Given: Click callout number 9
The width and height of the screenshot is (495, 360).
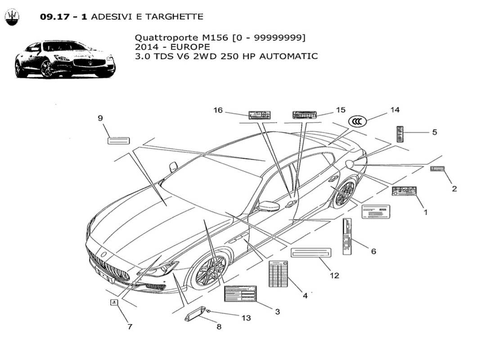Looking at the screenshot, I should (x=100, y=118).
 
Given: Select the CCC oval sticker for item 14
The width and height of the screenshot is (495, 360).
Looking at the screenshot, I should (x=358, y=121).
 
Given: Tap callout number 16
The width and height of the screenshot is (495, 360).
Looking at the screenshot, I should (x=218, y=110).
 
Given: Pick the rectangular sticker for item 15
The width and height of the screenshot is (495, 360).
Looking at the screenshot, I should (x=305, y=115).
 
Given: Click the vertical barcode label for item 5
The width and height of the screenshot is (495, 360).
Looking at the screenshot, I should (x=399, y=134).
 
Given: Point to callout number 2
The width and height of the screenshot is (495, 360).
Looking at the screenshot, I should (x=454, y=189).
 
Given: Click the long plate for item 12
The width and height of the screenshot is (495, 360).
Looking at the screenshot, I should (x=311, y=252).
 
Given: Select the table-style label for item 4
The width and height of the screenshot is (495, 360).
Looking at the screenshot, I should (x=278, y=274).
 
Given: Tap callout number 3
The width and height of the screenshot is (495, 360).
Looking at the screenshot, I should (x=277, y=311).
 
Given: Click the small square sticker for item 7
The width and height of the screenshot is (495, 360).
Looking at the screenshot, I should (x=113, y=303).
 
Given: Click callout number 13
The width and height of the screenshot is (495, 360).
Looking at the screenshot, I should (x=246, y=318).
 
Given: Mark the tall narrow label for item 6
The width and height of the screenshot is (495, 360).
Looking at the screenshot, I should (x=347, y=237).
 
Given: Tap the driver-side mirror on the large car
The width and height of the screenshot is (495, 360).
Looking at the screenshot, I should (x=269, y=207).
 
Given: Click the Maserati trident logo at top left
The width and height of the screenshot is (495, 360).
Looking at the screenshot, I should (x=12, y=17).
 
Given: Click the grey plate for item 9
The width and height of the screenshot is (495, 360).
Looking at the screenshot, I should (x=119, y=140).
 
